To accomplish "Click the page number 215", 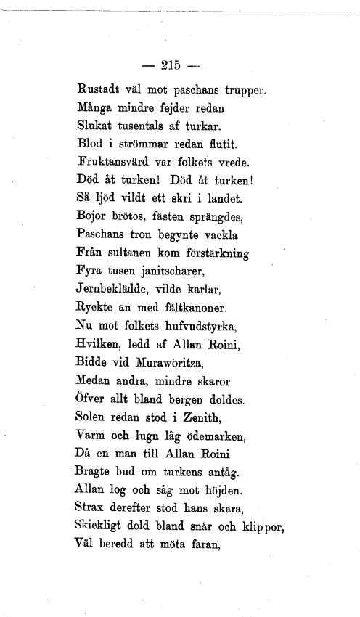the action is coord(171,65).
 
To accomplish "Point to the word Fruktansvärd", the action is coord(112,161).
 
